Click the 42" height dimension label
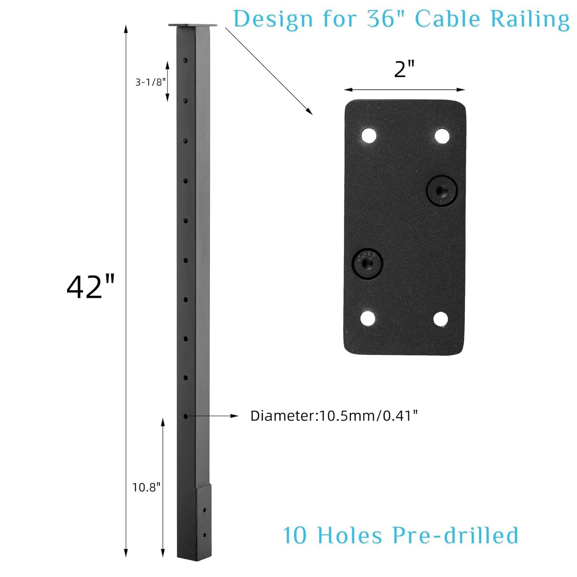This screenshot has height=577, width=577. [x=90, y=287]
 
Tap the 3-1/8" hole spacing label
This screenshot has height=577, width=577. [x=150, y=82]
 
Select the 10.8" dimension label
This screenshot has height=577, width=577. [x=146, y=487]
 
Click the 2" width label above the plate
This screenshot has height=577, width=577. [x=404, y=69]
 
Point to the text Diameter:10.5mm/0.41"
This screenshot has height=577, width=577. [x=334, y=416]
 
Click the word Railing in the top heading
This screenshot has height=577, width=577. [x=530, y=19]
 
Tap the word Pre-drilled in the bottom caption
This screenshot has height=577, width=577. [x=455, y=535]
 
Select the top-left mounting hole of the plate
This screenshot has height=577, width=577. [x=369, y=136]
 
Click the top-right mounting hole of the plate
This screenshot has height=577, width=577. [x=442, y=136]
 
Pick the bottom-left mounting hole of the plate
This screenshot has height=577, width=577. [x=368, y=318]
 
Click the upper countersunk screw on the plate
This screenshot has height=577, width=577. [x=442, y=191]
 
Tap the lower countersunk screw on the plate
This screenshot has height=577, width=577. [x=367, y=263]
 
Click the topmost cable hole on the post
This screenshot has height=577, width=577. [x=185, y=60]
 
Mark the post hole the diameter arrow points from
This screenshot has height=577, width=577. [x=185, y=416]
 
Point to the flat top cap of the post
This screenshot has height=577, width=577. [x=192, y=25]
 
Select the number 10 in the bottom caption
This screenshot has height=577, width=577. [x=295, y=535]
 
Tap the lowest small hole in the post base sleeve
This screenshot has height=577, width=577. [x=204, y=535]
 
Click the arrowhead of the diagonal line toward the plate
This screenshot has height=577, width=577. [x=310, y=112]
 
